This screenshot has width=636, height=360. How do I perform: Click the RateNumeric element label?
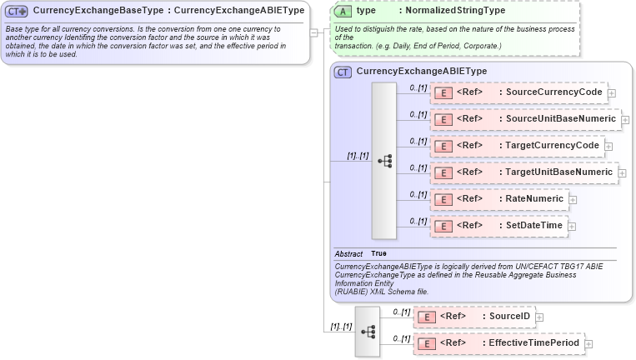(534, 198)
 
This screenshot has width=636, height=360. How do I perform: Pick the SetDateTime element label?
(534, 225)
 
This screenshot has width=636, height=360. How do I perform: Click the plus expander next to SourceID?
(539, 317)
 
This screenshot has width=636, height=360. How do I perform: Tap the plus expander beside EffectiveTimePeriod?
(588, 343)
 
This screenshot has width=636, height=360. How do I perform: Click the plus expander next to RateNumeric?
(573, 199)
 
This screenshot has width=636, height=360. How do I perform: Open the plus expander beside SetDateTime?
(572, 226)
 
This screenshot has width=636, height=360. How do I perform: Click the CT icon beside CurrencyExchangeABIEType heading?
(343, 72)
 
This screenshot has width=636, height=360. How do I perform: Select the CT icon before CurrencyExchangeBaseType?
(17, 11)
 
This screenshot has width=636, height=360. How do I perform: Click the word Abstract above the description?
(348, 253)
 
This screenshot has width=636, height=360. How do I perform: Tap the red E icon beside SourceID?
(426, 317)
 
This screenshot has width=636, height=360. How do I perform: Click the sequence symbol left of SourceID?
(367, 331)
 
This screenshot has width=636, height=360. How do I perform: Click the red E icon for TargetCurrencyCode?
(443, 146)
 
